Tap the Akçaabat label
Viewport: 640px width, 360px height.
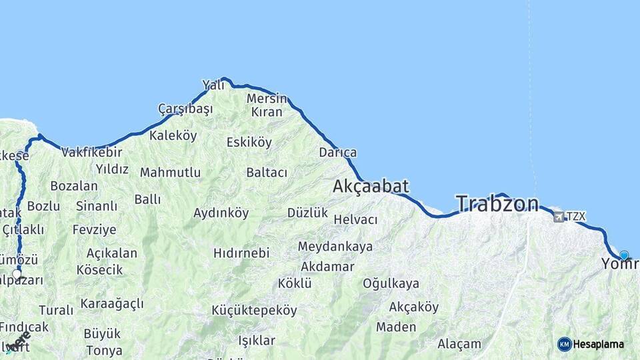tap(371, 186)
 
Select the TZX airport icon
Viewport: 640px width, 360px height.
tap(558, 216)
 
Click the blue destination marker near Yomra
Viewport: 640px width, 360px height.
tap(624, 255)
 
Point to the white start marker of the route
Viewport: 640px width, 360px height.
tap(17, 273)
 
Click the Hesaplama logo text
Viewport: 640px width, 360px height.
tap(598, 344)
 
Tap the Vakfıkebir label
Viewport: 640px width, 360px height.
tap(92, 153)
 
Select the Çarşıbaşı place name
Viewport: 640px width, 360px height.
tap(185, 109)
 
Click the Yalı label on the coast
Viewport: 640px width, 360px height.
tap(213, 85)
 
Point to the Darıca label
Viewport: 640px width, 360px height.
tap(337, 153)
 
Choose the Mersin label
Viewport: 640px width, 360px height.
tap(267, 99)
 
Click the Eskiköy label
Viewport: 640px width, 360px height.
tap(249, 142)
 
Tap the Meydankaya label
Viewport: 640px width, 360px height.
tap(335, 247)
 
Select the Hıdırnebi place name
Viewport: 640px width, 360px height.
tap(241, 253)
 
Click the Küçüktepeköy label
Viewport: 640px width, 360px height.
tap(254, 310)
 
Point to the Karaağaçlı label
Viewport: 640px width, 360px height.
tap(112, 304)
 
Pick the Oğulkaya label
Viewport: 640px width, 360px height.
tap(391, 283)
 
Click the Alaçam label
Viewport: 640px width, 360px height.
tap(459, 344)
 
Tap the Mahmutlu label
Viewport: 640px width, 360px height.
tap(170, 173)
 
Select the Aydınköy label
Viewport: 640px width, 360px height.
tap(221, 213)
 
